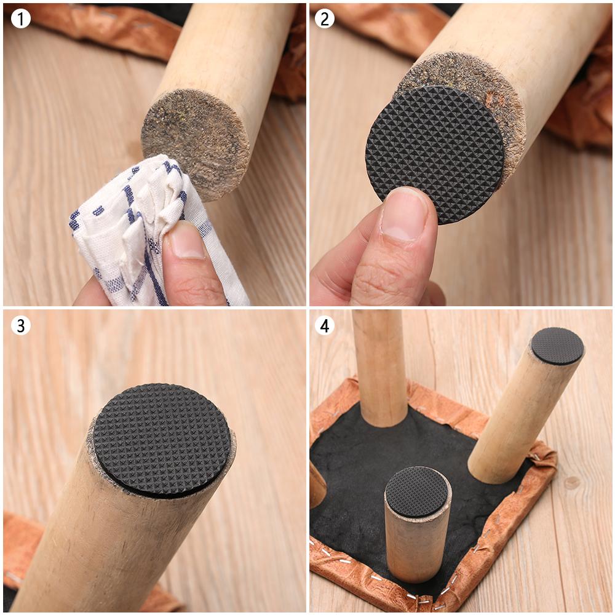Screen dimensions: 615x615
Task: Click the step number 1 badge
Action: pos(20,19)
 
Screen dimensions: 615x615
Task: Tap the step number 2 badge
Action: pos(325,19)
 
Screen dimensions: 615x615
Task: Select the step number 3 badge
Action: pos(20,325)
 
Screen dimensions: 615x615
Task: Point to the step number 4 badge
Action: pos(325,325)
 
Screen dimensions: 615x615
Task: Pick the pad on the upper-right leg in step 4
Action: pos(557,346)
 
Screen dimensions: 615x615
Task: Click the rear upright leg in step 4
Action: pos(379,369)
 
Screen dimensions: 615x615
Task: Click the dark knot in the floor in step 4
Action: pos(572,482)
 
